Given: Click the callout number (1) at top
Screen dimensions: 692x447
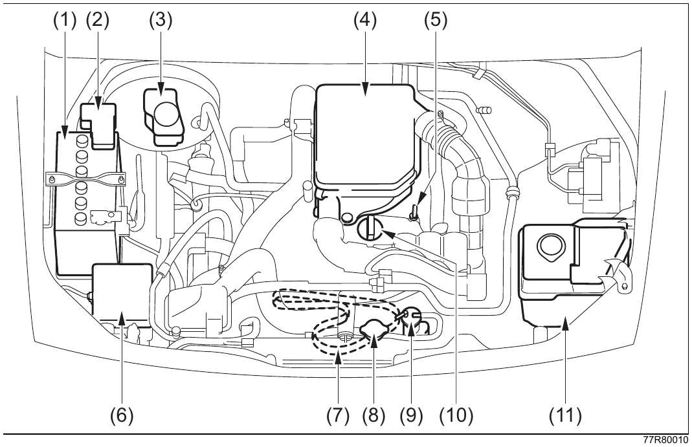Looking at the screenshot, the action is coord(65,20).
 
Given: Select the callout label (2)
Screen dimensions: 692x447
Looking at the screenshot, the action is coord(98,20).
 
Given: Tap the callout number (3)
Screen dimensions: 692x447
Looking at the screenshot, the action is coord(161,20).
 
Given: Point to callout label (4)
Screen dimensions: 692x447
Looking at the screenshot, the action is coord(365,20).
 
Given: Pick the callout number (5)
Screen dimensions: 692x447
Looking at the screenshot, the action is coord(436,20).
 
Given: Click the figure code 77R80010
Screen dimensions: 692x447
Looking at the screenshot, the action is coord(665,441).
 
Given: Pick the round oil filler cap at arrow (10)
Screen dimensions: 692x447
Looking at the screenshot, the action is coord(368,228).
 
